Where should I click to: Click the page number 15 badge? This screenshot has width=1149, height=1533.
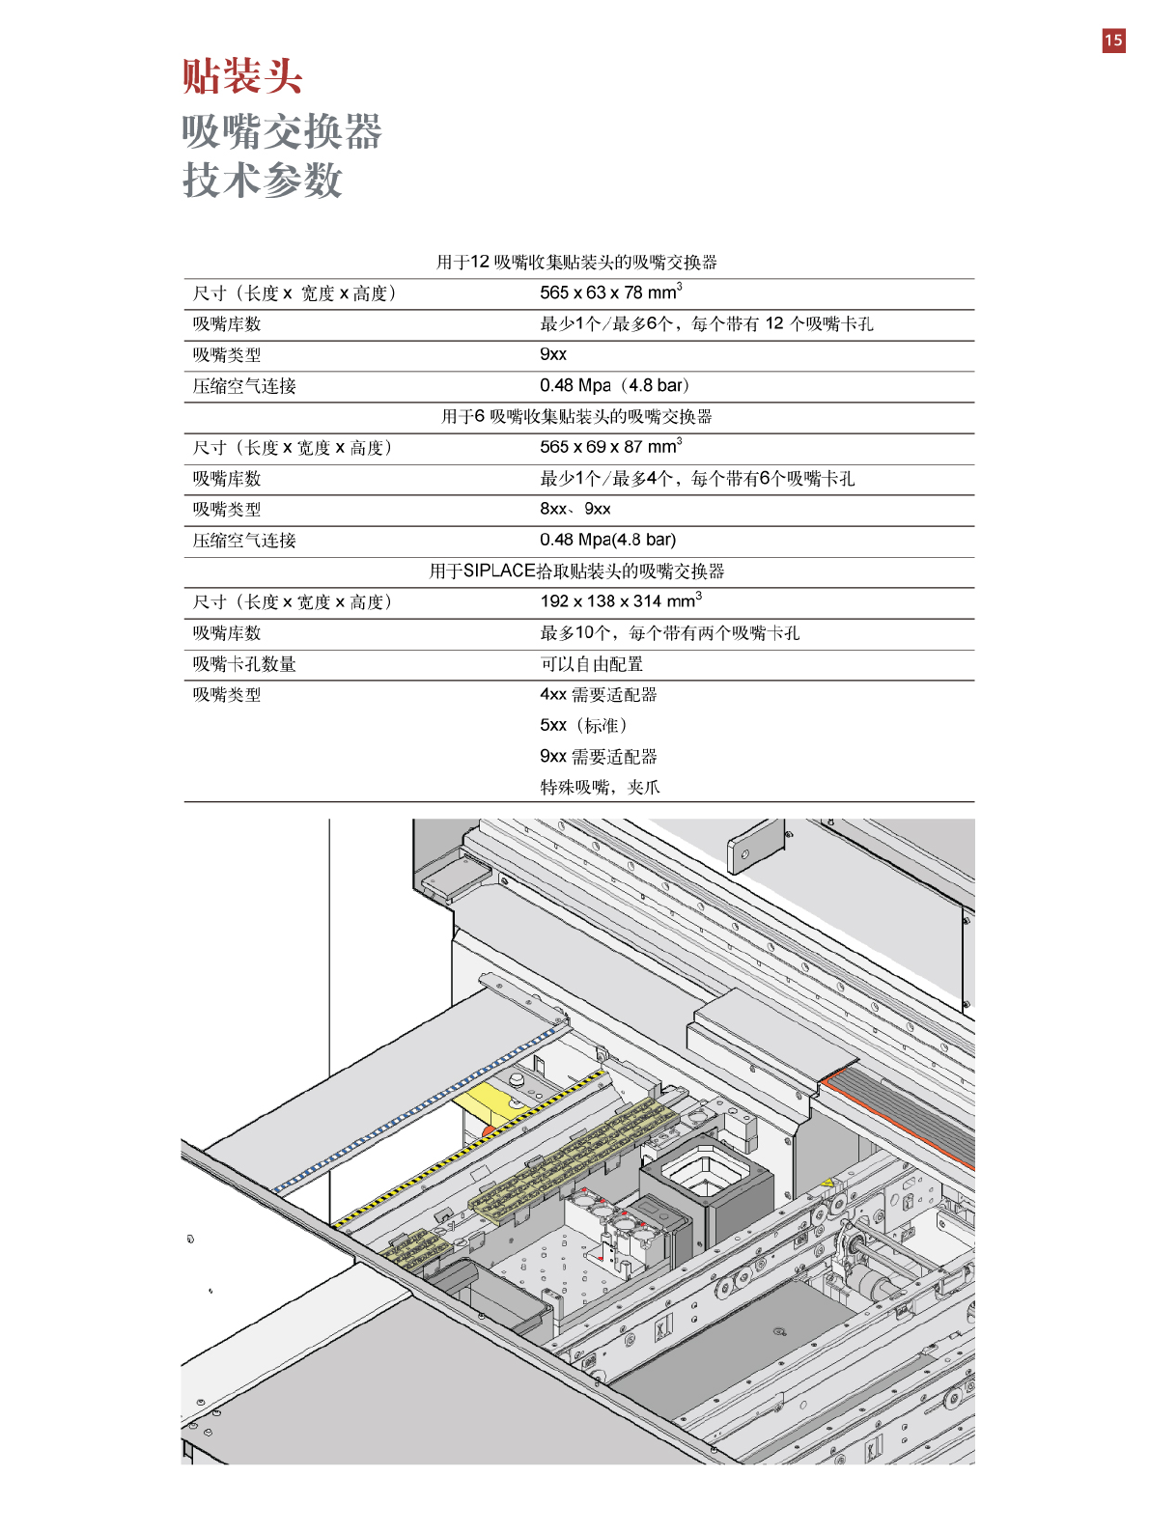tap(1113, 41)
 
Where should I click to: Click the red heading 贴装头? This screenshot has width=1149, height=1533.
tap(242, 76)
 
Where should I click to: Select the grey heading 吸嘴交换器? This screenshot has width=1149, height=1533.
tap(282, 131)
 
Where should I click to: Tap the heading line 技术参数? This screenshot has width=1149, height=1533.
tap(263, 181)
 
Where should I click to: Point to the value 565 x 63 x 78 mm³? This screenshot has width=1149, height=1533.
tap(610, 293)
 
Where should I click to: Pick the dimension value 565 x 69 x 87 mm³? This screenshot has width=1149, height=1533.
tap(610, 447)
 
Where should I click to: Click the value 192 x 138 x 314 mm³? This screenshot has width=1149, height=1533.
tap(620, 601)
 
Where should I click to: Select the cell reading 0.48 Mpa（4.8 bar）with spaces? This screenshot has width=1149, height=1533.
tap(614, 385)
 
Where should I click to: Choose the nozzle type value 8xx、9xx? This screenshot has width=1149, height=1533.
tap(574, 509)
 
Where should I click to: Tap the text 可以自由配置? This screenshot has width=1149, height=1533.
tap(591, 664)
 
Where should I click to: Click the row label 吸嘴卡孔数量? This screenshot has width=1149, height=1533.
tap(244, 664)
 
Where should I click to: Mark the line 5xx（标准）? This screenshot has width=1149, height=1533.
tap(583, 725)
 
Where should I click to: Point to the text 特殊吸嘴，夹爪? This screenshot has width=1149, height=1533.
tap(600, 787)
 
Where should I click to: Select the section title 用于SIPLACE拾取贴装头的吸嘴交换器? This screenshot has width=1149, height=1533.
tap(576, 571)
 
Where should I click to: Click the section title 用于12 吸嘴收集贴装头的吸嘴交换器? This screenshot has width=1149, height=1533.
tap(576, 263)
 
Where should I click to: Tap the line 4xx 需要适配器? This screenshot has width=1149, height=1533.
tap(598, 694)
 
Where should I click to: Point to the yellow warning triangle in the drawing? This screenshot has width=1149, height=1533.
tap(827, 1183)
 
